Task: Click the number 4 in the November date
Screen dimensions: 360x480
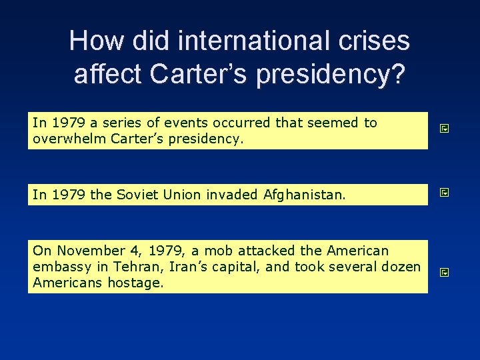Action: [x=139, y=251]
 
